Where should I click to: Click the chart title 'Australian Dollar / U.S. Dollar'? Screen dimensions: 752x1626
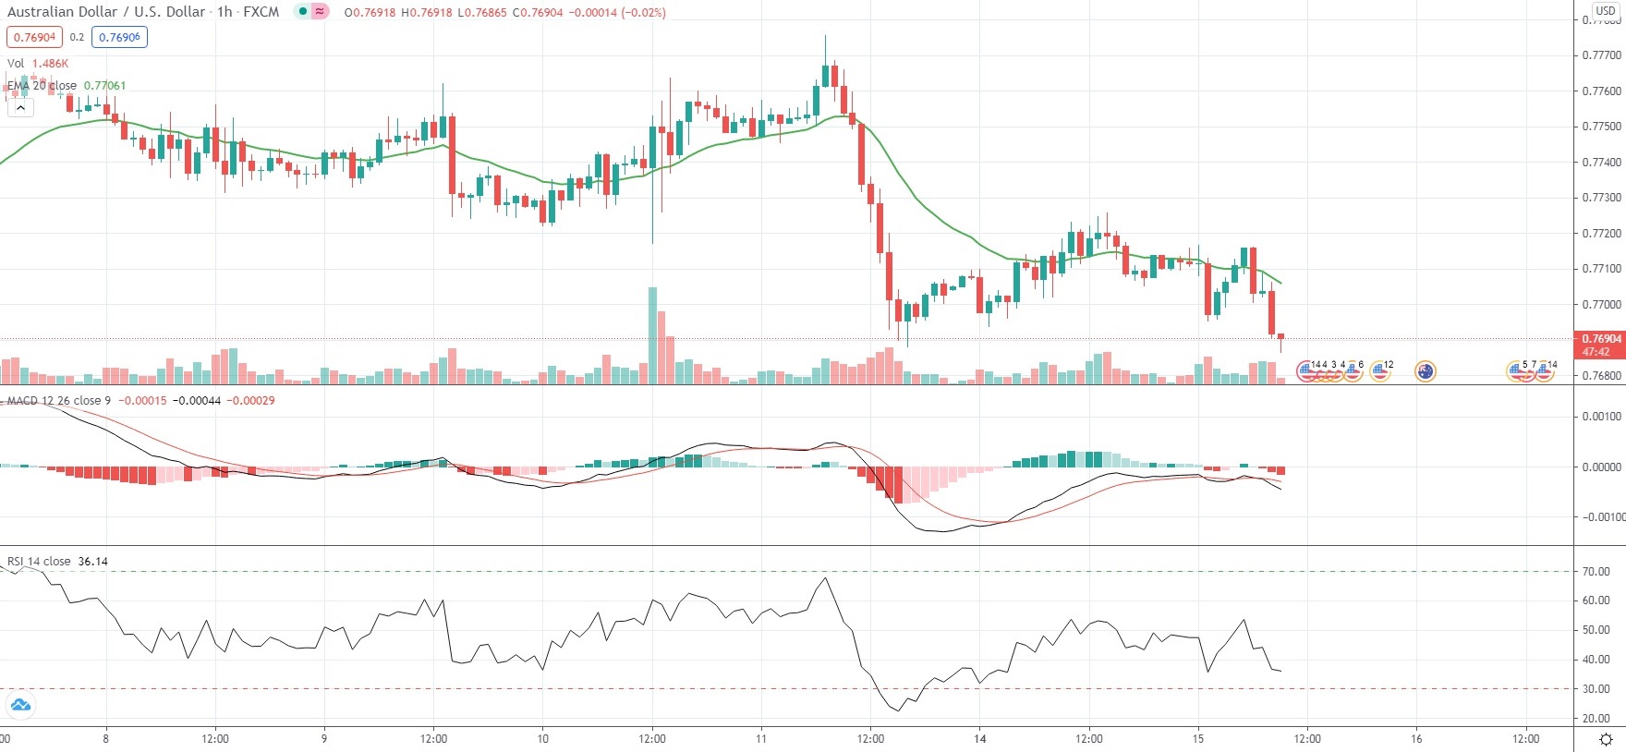coord(106,12)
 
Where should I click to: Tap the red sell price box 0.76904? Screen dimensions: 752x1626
coord(34,38)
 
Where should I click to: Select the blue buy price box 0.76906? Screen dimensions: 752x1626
coord(119,38)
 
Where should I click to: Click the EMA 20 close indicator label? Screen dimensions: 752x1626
coord(42,86)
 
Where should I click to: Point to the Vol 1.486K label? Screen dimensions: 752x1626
coord(38,64)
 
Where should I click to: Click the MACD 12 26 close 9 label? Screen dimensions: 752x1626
coord(58,401)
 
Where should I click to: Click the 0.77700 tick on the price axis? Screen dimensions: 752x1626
coord(1601,55)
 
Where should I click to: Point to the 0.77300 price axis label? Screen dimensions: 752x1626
coord(1601,198)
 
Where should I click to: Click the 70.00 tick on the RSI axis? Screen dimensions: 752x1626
coord(1596,572)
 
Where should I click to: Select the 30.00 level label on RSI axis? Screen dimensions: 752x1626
coord(1596,689)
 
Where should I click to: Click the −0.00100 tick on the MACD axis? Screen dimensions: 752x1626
coord(1601,517)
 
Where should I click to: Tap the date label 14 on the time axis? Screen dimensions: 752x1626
coord(980,738)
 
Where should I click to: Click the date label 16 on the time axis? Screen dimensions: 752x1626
coord(1416,738)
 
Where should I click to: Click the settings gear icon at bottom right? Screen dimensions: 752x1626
coord(1606,739)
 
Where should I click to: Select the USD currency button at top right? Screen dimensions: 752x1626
coord(1606,11)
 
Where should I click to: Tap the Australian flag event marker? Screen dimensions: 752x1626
coord(1426,371)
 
